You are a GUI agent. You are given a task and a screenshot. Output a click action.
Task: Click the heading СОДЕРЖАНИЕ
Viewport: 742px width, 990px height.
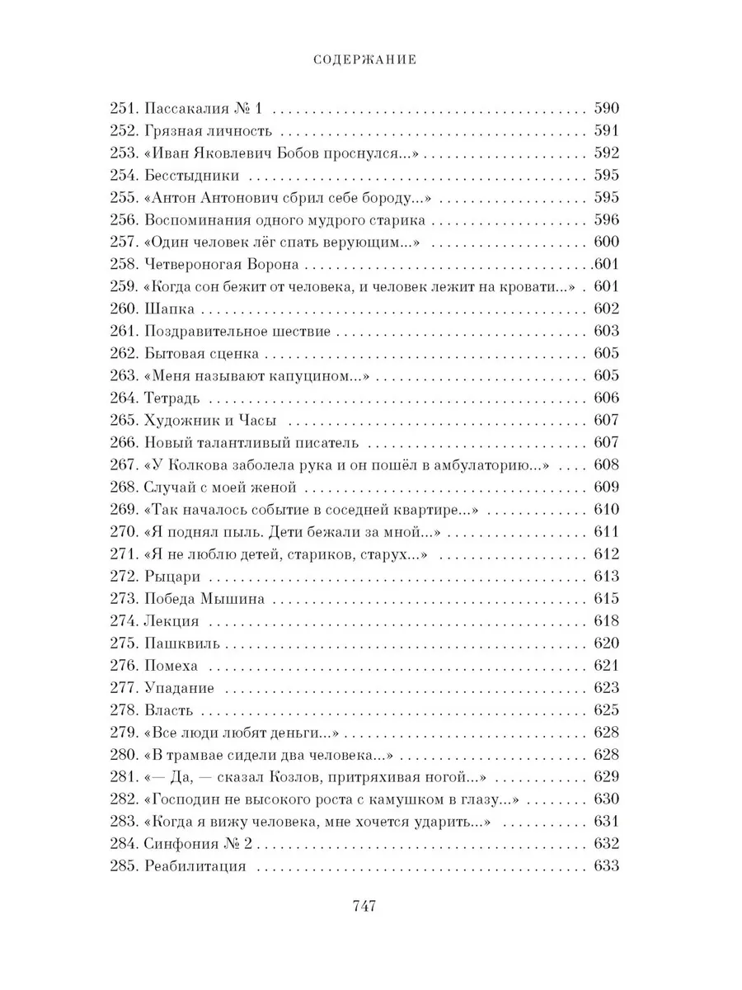point(369,59)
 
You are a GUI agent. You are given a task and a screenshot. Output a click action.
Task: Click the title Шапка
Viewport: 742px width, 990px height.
point(170,309)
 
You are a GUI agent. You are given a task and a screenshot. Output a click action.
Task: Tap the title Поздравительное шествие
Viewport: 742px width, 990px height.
point(237,332)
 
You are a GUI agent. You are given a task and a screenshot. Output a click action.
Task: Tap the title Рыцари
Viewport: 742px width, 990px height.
point(172,577)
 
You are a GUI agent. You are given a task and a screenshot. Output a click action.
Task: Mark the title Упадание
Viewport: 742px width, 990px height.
point(179,688)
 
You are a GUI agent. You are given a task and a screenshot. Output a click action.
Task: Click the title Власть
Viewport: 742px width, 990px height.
point(169,710)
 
